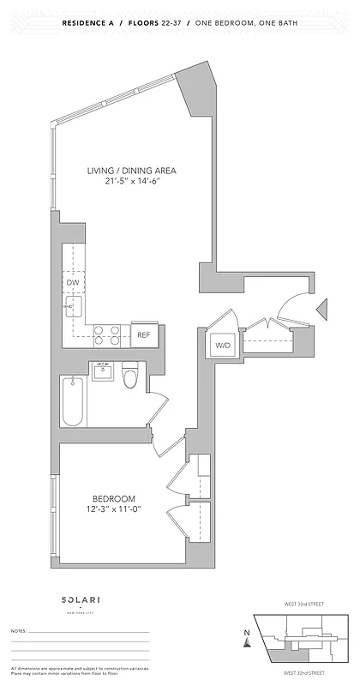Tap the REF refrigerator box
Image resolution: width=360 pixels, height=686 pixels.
point(144,334)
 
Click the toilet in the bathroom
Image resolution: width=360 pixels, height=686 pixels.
point(131,376)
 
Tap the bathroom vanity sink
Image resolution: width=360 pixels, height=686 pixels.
point(104,371)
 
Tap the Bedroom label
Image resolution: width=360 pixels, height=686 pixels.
point(114,499)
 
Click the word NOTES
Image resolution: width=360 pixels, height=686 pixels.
point(19,630)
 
